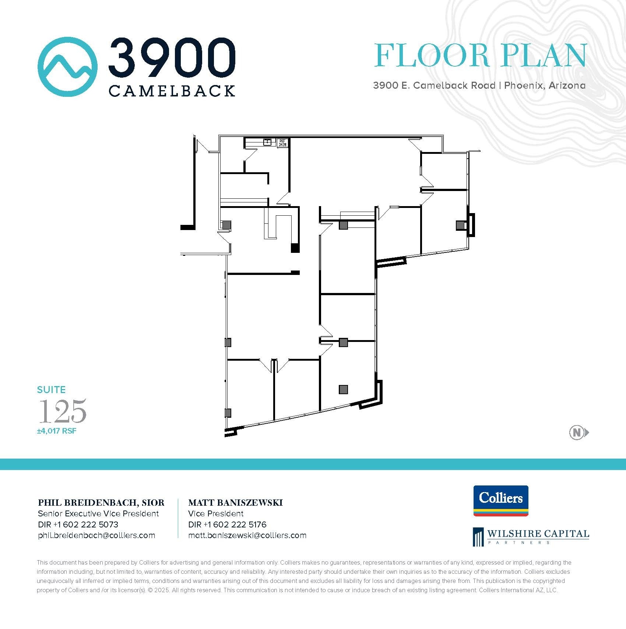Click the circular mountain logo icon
click(x=67, y=67)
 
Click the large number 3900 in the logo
click(x=172, y=57)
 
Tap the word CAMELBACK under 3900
click(x=172, y=91)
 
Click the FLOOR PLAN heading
click(x=480, y=56)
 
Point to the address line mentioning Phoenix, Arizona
click(x=479, y=85)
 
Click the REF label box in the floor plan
click(x=282, y=143)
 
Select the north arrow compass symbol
click(x=578, y=432)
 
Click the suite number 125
click(x=63, y=411)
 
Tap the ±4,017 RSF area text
click(x=57, y=431)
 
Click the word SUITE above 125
click(x=51, y=390)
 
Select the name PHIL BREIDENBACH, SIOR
click(x=101, y=503)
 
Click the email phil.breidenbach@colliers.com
click(x=96, y=536)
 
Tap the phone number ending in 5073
click(x=78, y=524)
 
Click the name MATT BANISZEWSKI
click(x=235, y=503)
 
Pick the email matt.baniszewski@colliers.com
click(x=247, y=536)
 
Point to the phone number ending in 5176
click(x=227, y=524)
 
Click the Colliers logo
click(x=501, y=501)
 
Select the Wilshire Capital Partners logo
click(x=531, y=537)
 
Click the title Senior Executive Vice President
click(x=98, y=513)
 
